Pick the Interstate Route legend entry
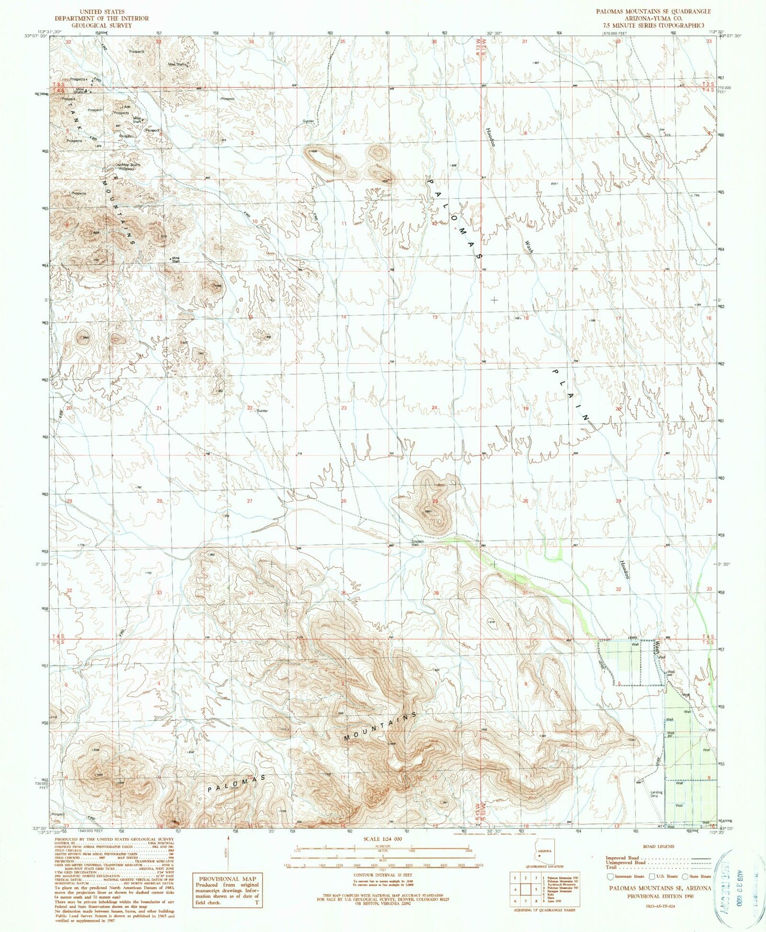(626, 876)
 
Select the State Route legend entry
(699, 876)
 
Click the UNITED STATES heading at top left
(101, 11)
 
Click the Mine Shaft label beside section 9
(175, 260)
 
